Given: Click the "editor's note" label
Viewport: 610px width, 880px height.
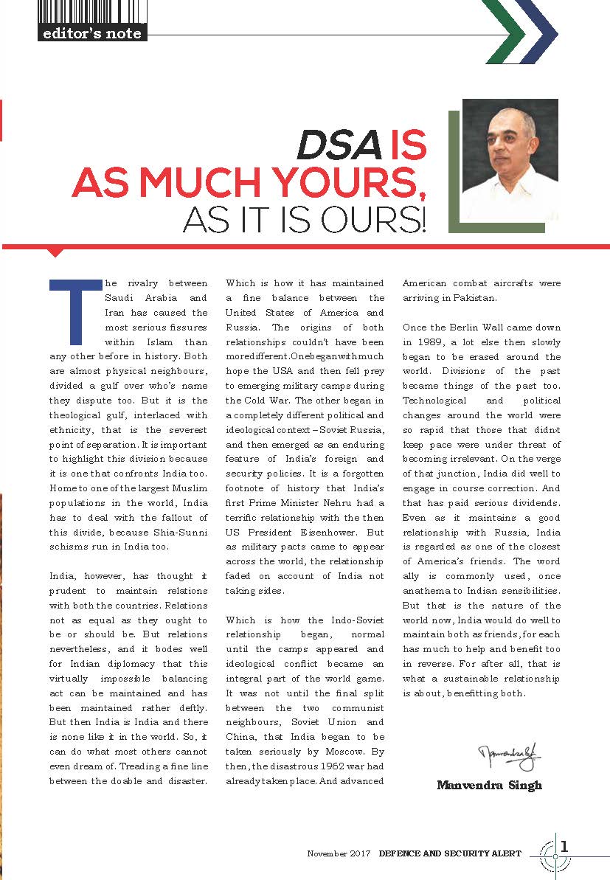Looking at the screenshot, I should coord(92,32).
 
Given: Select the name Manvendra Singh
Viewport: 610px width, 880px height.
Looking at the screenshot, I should coord(488,785).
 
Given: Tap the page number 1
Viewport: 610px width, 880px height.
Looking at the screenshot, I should coord(565,846).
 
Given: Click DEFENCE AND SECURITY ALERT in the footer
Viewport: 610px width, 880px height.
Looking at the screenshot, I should coord(450,853).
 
